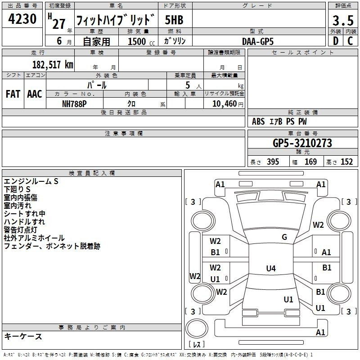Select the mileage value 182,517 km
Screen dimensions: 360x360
tap(53, 64)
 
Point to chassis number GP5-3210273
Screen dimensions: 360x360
tap(302, 143)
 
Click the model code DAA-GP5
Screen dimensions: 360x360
tap(257, 41)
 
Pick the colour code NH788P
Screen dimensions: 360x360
tap(75, 103)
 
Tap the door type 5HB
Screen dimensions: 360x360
tap(174, 20)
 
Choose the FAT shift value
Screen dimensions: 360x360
tap(13, 94)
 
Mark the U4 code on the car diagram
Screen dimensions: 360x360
tap(270, 269)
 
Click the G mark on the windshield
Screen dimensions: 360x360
tap(284, 237)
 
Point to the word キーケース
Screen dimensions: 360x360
tap(23, 336)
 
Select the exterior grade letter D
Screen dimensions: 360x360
tap(336, 41)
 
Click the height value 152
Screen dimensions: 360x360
tap(346, 162)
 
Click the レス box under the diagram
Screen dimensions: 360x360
tap(196, 345)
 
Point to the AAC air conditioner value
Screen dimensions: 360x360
tap(35, 94)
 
